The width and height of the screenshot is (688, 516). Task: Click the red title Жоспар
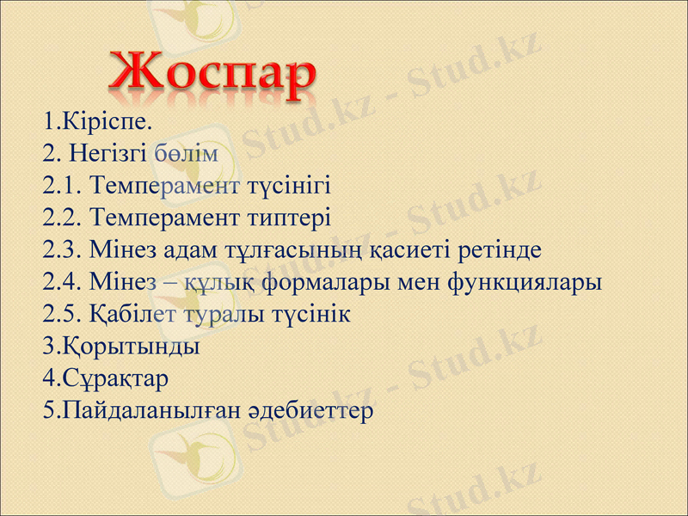click(212, 76)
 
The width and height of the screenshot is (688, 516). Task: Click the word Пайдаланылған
click(156, 411)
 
